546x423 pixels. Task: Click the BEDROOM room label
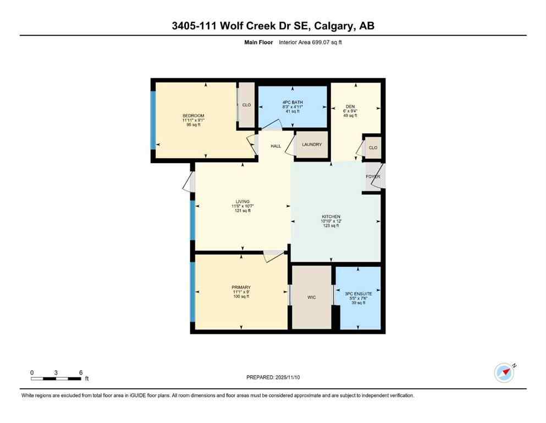pos(193,115)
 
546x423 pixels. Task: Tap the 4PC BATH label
pos(293,102)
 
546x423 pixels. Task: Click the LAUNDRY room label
pos(311,144)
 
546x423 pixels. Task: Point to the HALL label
pos(276,146)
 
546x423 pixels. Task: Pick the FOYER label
pos(373,176)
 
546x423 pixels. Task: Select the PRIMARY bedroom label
pos(241,287)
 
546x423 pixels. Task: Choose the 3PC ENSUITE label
pos(359,294)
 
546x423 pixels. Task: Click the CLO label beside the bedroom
pos(246,105)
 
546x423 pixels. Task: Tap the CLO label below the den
pos(373,148)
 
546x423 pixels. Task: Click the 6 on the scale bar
pos(80,372)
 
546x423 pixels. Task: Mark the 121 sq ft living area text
pos(242,211)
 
